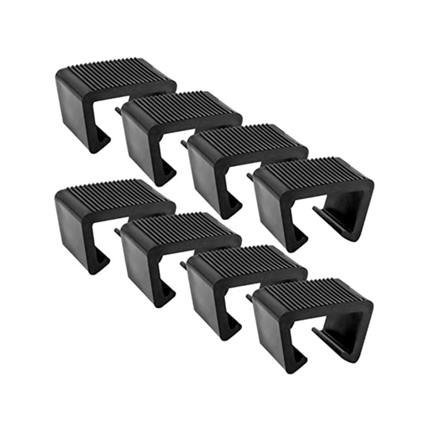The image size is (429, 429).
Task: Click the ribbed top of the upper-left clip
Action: pos(116,71)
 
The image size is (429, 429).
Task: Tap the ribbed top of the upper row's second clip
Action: pos(182,105)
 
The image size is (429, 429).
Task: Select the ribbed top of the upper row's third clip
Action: pos(249,138)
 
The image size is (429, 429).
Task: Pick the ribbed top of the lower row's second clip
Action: pos(182,226)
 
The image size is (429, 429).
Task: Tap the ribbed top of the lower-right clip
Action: pos(313,292)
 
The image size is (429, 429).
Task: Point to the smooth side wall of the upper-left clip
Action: pos(73,107)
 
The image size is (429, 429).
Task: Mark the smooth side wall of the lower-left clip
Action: pos(73,229)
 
